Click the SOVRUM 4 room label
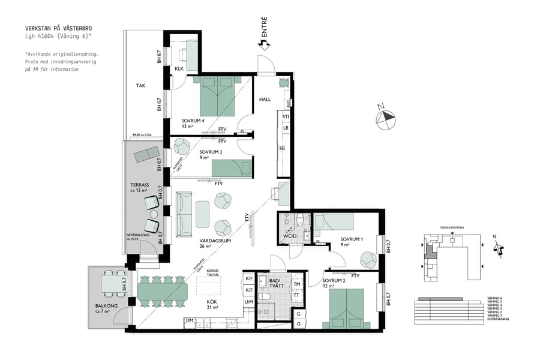pyautogui.click(x=193, y=121)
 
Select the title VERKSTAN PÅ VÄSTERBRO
pyautogui.click(x=58, y=28)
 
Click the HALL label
pyautogui.click(x=265, y=100)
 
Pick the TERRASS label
pyautogui.click(x=140, y=185)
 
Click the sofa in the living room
pyautogui.click(x=184, y=214)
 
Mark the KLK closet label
pyautogui.click(x=179, y=69)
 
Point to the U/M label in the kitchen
pyautogui.click(x=249, y=302)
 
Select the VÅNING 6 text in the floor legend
pyautogui.click(x=491, y=298)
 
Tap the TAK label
pyautogui.click(x=140, y=86)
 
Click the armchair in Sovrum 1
pyautogui.click(x=368, y=259)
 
